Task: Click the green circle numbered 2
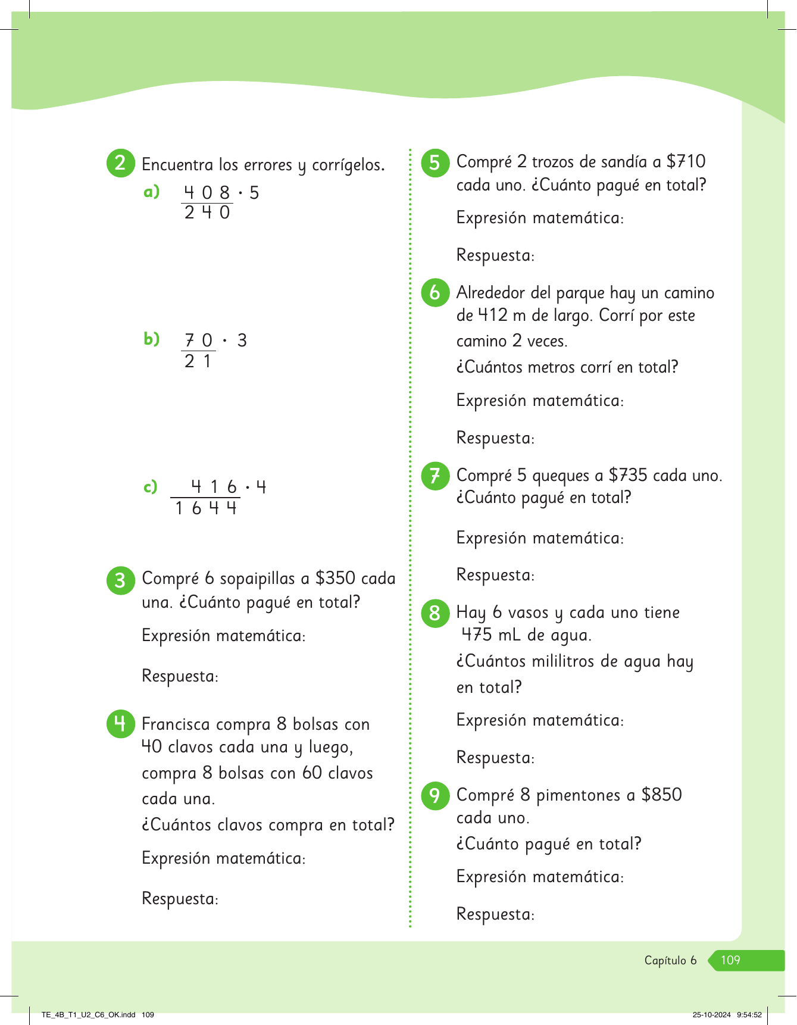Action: (120, 162)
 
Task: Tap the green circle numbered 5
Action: (435, 162)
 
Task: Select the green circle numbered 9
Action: (435, 795)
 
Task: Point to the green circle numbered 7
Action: (435, 476)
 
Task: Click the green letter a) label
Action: (152, 192)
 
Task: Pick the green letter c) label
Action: (151, 487)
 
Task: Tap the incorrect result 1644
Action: (206, 508)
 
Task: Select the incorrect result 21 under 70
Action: (198, 361)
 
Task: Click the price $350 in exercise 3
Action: (335, 578)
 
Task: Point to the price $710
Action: (686, 161)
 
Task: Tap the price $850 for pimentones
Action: (661, 795)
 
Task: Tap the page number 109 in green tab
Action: (730, 960)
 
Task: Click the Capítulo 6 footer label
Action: (670, 960)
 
